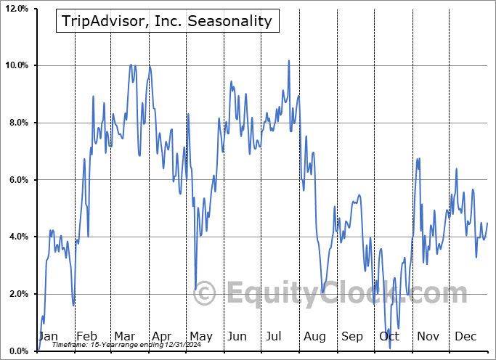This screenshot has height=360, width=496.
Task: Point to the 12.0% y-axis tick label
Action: click(16, 9)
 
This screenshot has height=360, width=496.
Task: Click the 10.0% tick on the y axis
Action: click(16, 66)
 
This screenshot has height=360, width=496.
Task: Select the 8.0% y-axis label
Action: click(17, 123)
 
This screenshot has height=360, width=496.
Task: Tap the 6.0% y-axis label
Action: click(17, 180)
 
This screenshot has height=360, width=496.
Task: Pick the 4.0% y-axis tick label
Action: click(17, 237)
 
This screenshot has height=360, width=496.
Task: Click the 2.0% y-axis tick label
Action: click(17, 294)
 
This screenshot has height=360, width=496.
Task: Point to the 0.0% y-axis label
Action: click(17, 351)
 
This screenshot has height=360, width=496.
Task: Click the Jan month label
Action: click(48, 336)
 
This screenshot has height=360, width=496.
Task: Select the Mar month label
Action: click(124, 336)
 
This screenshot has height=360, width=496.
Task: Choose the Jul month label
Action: click(275, 336)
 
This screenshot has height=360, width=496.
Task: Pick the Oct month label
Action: click(389, 336)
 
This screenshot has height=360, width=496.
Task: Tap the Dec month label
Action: click(465, 336)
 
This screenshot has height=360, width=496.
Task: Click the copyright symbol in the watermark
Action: click(204, 293)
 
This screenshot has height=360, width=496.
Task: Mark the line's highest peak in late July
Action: click(288, 60)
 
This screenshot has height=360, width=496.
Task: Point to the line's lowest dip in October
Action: click(390, 348)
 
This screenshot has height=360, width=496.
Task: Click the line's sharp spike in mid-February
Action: click(94, 96)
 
